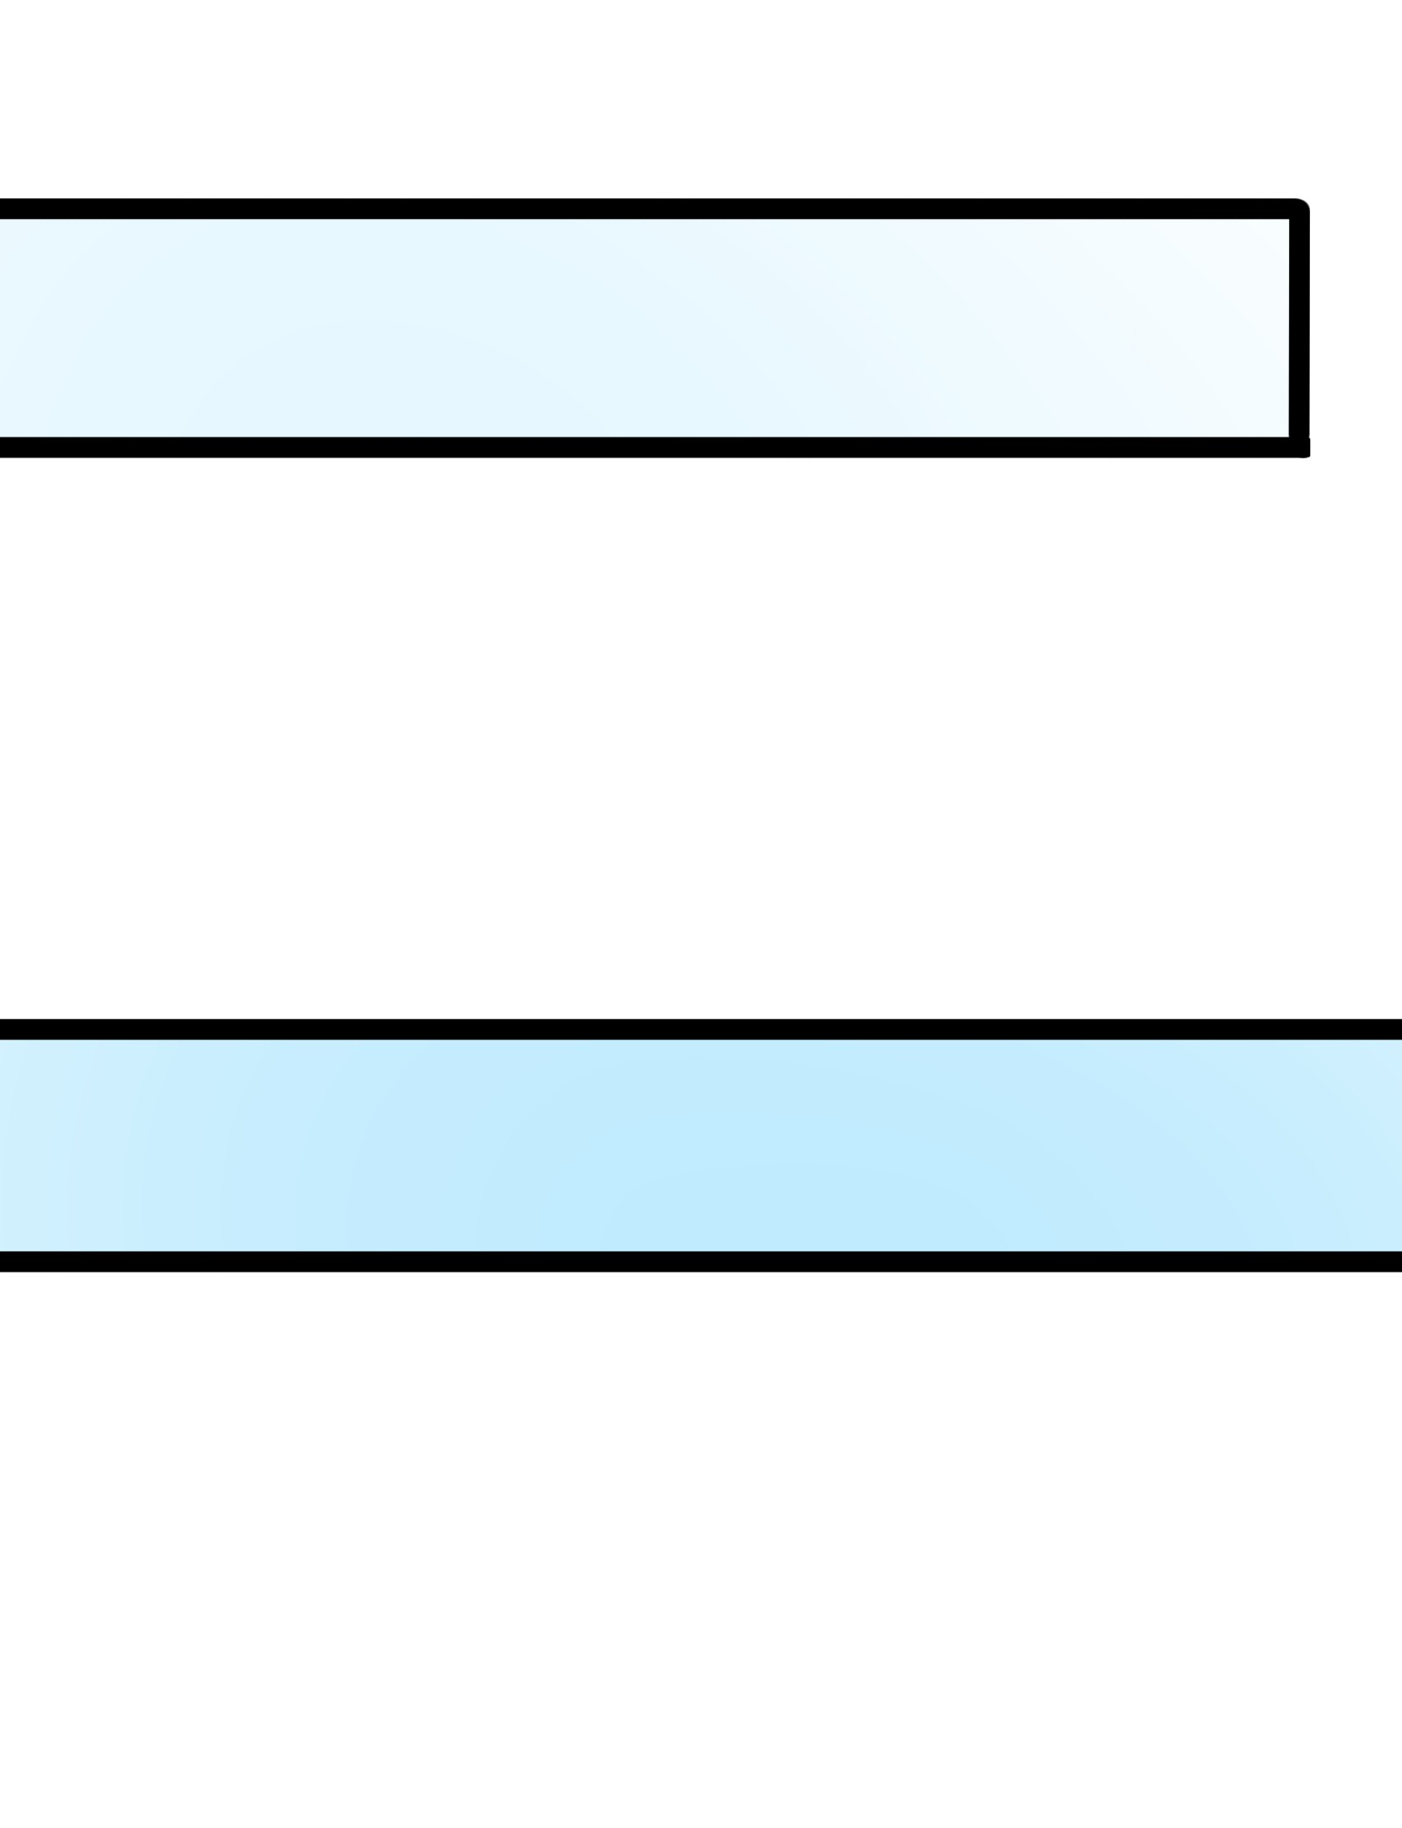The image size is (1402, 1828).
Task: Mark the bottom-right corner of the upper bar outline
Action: click(1301, 448)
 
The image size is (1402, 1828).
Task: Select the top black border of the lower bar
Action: click(701, 1029)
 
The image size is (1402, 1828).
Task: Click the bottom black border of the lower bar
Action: click(701, 1261)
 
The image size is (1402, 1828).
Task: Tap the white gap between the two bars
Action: click(701, 736)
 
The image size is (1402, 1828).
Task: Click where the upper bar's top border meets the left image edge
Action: click(4, 209)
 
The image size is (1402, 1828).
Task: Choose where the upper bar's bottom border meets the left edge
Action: click(4, 447)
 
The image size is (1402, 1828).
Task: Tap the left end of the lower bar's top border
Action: click(4, 1029)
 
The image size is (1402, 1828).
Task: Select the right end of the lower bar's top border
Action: click(1398, 1029)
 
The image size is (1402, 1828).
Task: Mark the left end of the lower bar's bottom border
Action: click(4, 1261)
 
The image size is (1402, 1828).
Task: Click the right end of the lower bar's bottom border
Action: click(1398, 1261)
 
